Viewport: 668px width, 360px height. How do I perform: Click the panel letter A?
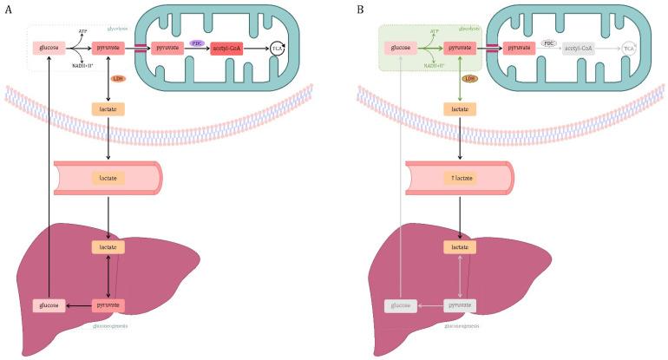[x=8, y=9]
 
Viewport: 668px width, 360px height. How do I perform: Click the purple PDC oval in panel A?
[x=197, y=42]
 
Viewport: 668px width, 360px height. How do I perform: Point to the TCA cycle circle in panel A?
[x=278, y=49]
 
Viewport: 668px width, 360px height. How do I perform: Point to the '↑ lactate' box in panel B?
[x=460, y=177]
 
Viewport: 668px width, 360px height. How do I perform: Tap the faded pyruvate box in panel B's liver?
[x=460, y=305]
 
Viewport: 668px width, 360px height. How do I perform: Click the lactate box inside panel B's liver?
[x=460, y=247]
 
